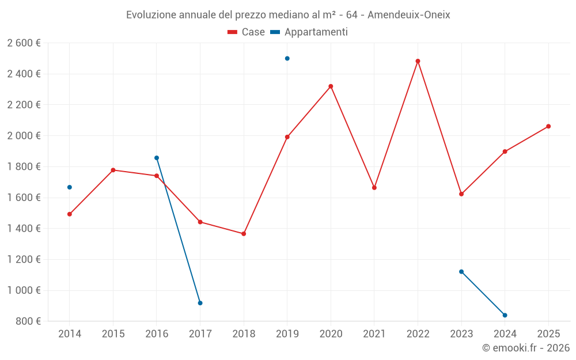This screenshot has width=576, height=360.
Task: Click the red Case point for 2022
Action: click(x=418, y=61)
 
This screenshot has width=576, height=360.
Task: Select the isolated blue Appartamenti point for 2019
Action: click(x=287, y=58)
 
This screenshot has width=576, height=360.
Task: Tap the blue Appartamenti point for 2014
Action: click(x=70, y=187)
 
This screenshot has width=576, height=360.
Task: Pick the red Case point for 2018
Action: click(x=244, y=234)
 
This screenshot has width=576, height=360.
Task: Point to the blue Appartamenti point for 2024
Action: click(x=505, y=315)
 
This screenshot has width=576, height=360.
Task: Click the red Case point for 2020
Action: click(x=331, y=86)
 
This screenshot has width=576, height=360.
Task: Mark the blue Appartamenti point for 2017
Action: click(x=200, y=303)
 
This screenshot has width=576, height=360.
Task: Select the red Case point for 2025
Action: click(x=548, y=126)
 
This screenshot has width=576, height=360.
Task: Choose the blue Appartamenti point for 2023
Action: click(x=461, y=271)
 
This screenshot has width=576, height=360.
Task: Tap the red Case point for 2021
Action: click(x=374, y=188)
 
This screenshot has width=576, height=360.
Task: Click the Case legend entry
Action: click(x=246, y=32)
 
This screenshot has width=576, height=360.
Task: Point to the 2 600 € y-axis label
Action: click(x=24, y=43)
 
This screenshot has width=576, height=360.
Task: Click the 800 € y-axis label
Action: click(x=28, y=321)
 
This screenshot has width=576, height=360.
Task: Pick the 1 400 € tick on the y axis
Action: click(x=24, y=229)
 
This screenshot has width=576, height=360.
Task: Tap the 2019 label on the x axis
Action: click(x=287, y=334)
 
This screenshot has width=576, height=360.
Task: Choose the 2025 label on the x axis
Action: click(x=548, y=334)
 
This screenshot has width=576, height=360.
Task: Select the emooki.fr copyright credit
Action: click(x=525, y=348)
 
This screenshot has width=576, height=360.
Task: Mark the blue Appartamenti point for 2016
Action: click(x=157, y=158)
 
